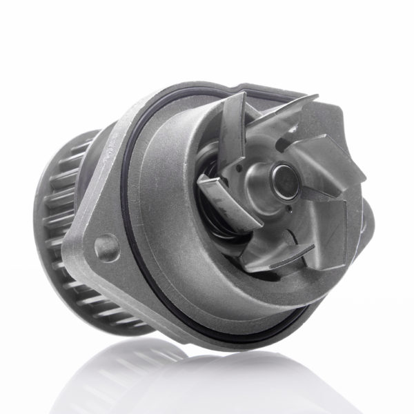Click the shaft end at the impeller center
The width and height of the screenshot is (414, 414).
pos(284,178)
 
